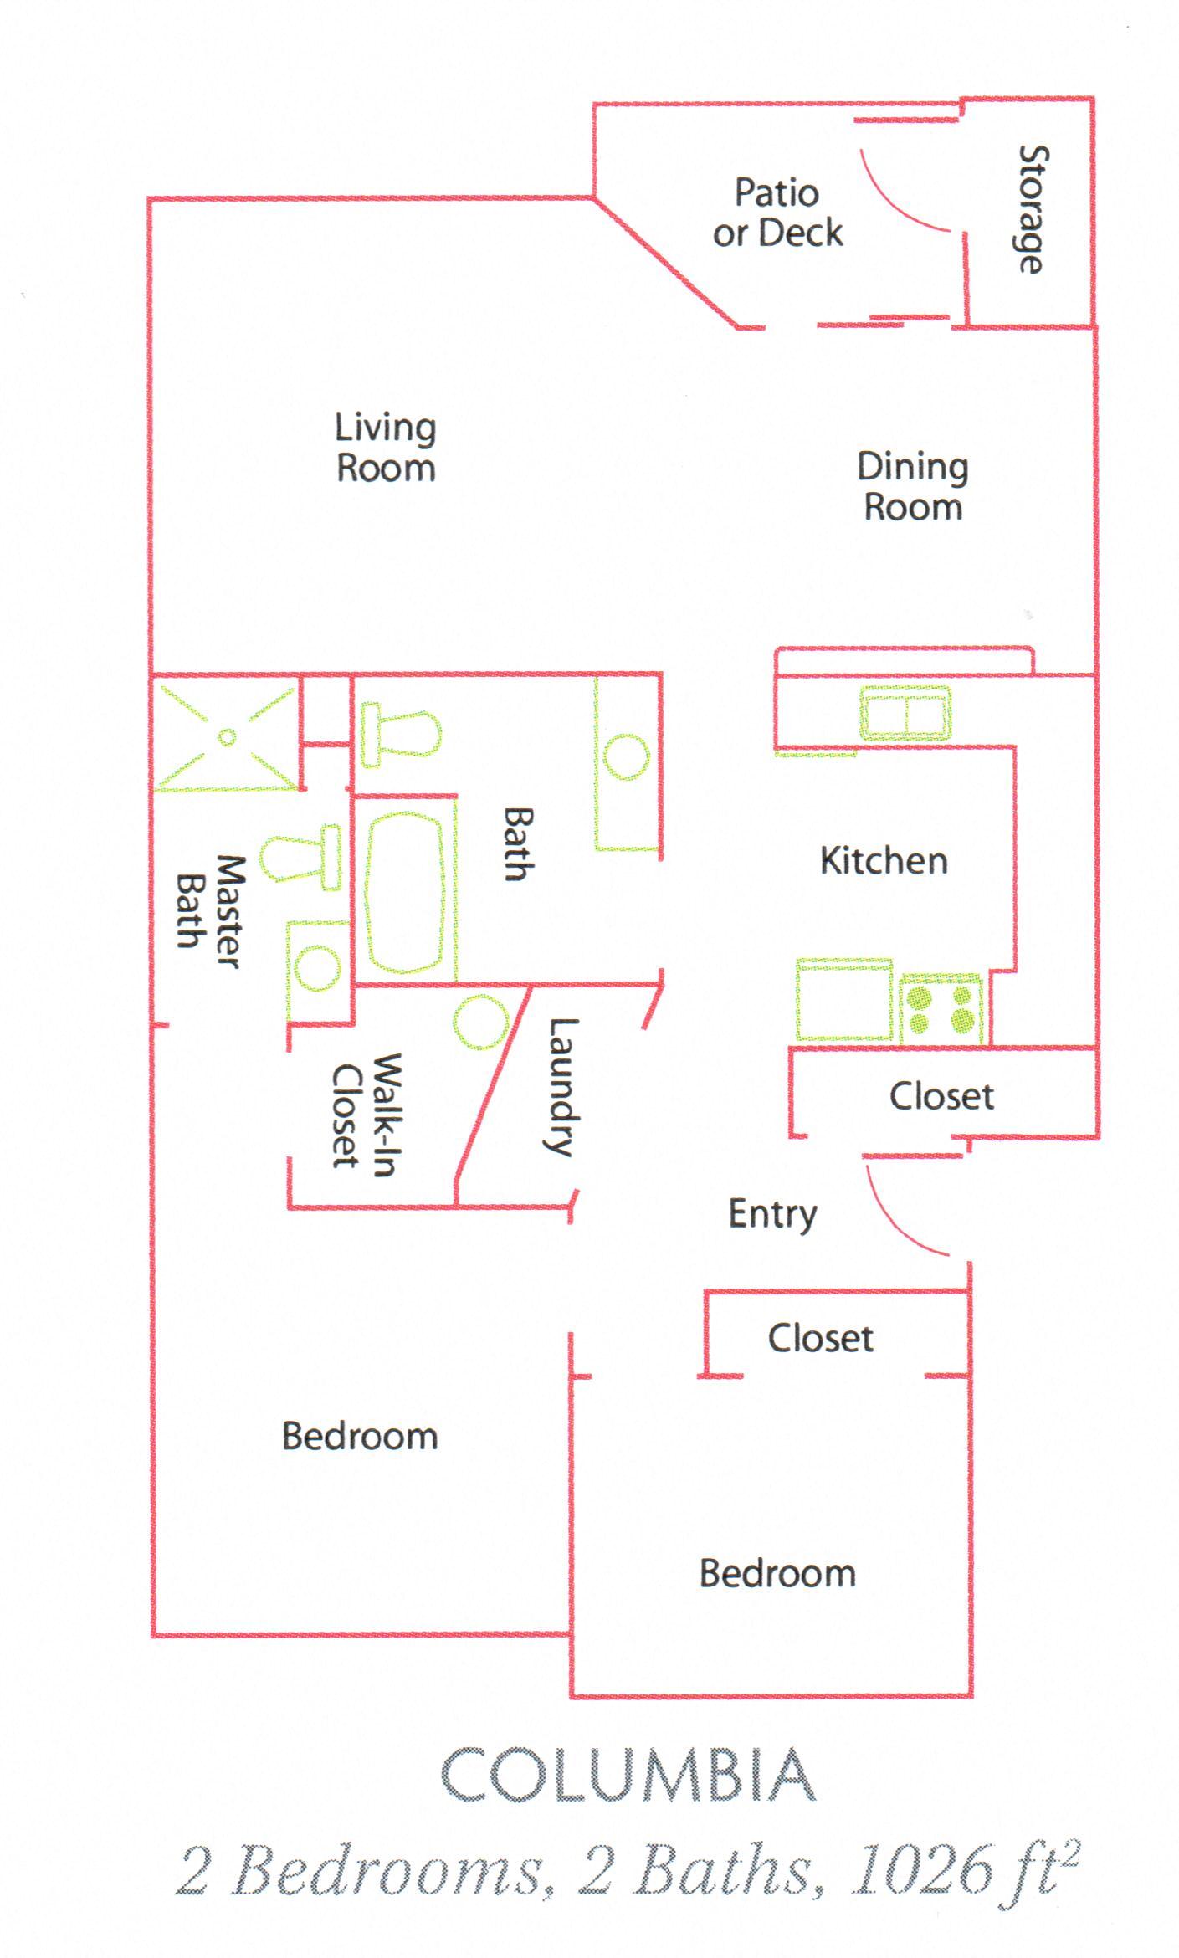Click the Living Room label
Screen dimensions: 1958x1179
[x=386, y=448]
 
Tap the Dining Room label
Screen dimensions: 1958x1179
[x=913, y=487]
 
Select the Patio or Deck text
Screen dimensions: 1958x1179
[x=777, y=213]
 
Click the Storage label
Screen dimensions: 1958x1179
[x=1033, y=209]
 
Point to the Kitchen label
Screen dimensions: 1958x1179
[x=884, y=861]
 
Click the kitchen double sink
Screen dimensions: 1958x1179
[x=905, y=713]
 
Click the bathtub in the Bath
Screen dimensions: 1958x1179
[x=404, y=892]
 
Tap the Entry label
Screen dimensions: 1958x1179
[x=772, y=1214]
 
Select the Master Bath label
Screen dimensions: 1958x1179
[x=210, y=912]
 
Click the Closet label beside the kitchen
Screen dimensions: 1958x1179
[x=941, y=1096]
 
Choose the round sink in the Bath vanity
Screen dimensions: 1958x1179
[x=626, y=756]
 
